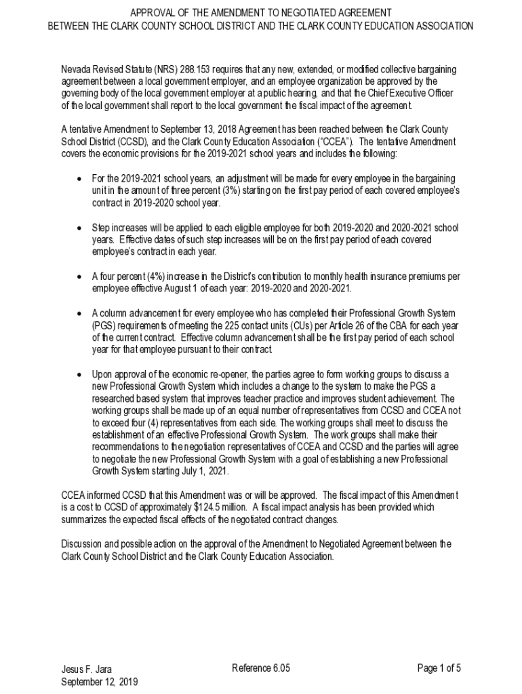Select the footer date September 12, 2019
[x=99, y=681]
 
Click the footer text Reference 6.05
[x=261, y=668]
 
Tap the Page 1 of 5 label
[x=439, y=668]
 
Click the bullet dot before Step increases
[x=79, y=228]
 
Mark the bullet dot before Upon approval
[x=79, y=375]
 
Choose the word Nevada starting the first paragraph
[x=76, y=70]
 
